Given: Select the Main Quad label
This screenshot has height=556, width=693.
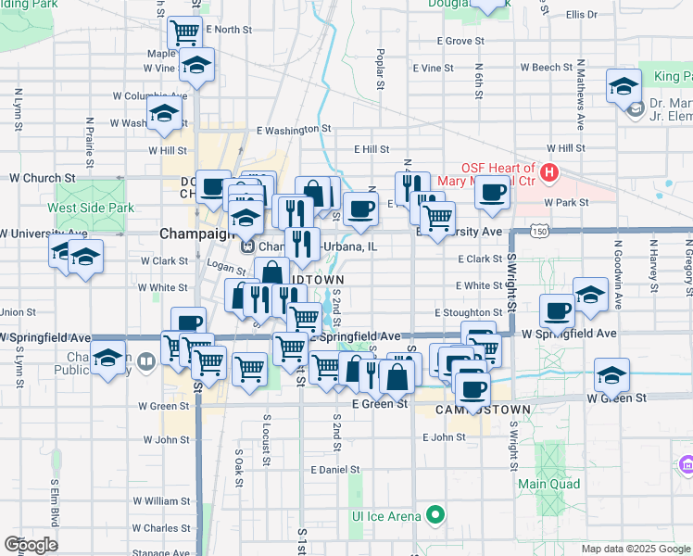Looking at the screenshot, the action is pos(549,484).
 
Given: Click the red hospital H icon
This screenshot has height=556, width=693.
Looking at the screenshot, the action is pos(549,172).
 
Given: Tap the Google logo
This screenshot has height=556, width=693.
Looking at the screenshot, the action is pos(31,545).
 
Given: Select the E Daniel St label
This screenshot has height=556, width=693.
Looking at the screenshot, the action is pos(335,470).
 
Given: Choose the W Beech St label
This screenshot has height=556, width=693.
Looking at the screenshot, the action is pos(547,68).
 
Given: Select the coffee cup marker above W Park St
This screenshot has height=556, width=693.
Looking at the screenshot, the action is pos(492,192).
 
